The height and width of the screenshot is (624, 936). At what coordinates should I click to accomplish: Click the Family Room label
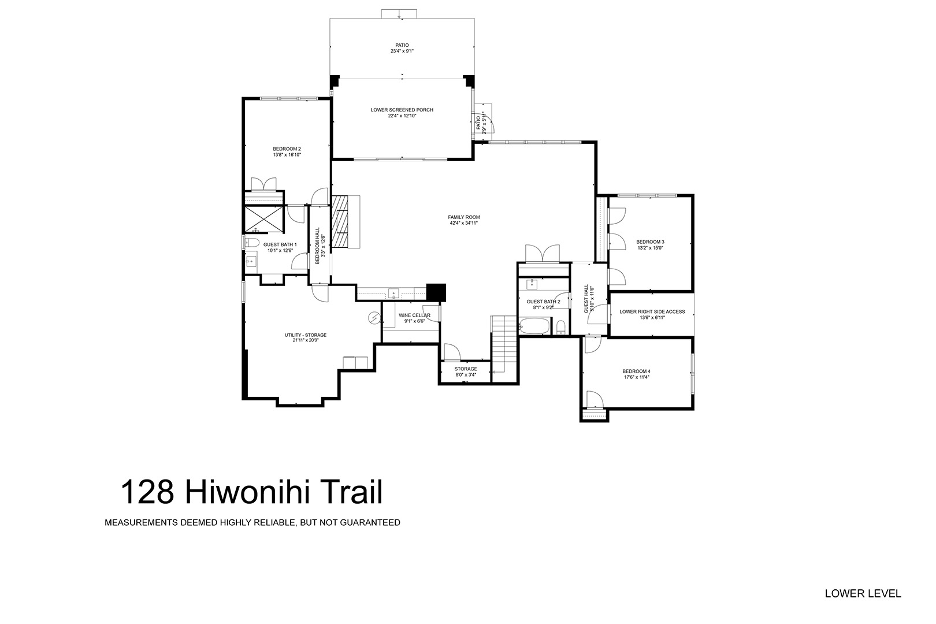coord(464,217)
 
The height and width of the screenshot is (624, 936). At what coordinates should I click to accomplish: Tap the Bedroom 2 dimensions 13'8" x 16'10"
coord(287,155)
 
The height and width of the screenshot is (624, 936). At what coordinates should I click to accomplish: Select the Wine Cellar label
coord(414,315)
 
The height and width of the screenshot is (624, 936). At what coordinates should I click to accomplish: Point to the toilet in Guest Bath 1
coord(251,243)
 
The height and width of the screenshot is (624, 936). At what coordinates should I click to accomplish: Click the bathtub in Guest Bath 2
coord(535,326)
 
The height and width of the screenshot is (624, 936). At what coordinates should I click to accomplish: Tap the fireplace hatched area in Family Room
coord(340,221)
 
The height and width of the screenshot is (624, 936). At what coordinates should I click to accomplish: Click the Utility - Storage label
coord(306,335)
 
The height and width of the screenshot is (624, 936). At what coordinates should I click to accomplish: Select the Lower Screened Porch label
coord(402,110)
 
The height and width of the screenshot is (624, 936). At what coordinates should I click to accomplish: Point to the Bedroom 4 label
coord(636,371)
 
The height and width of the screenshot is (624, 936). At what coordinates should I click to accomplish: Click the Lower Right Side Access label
coord(652,311)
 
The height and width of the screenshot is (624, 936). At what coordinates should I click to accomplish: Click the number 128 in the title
coord(147,492)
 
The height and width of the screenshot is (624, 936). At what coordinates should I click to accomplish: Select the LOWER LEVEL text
coord(863,593)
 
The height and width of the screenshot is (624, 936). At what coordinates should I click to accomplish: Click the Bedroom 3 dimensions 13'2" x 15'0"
coord(650,248)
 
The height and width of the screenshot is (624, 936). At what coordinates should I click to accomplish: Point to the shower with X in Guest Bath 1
coord(263,219)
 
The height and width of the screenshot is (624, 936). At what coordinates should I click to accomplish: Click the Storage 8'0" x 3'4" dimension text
coord(466,375)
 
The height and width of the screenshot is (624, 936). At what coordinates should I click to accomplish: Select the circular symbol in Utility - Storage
coord(374,318)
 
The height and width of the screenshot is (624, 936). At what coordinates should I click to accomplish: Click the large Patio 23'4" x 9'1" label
coord(402,48)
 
